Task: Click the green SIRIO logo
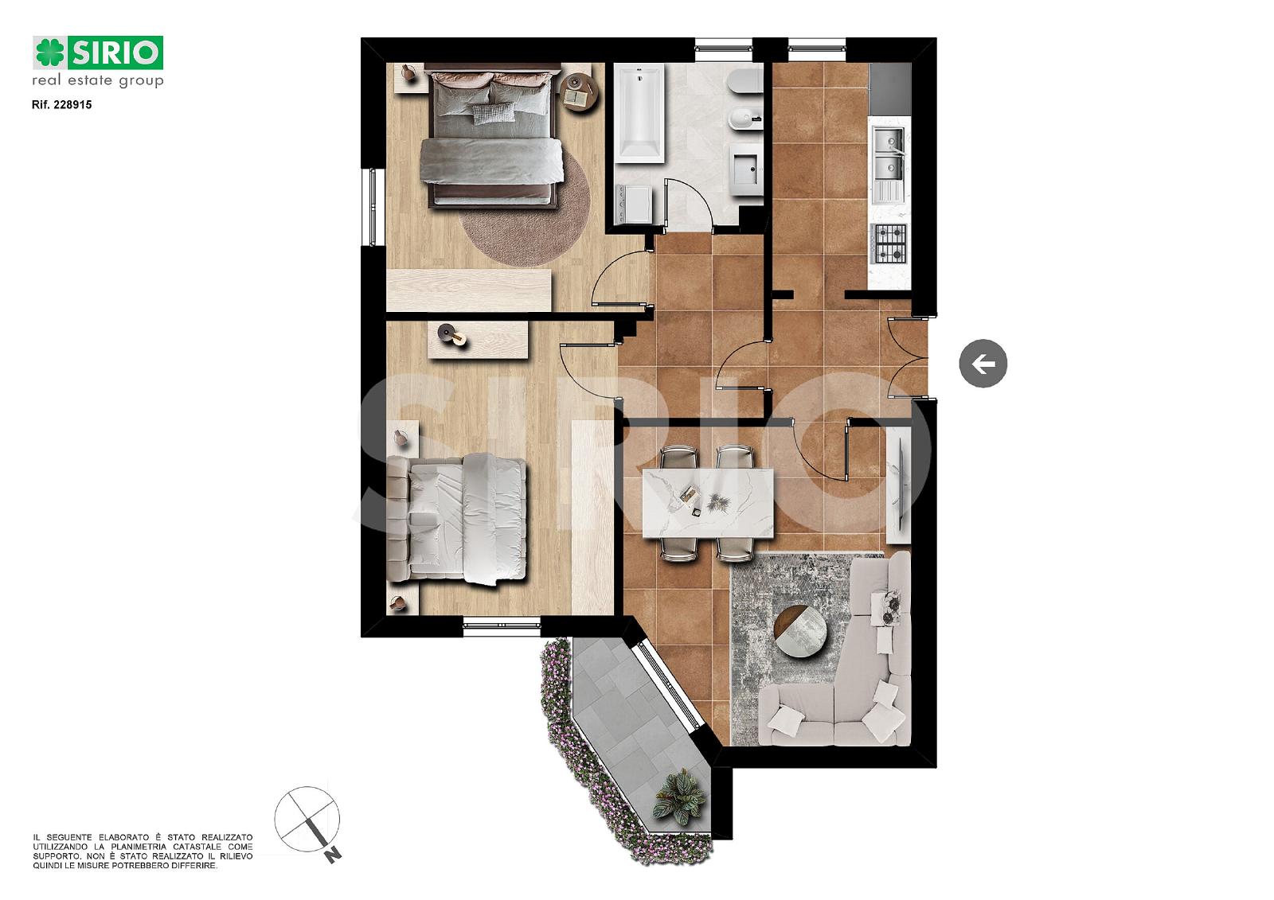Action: (x=98, y=53)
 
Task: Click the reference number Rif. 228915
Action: (x=61, y=104)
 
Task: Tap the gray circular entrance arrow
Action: (x=983, y=364)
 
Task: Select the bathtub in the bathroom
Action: (x=640, y=113)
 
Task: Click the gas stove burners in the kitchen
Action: (x=890, y=244)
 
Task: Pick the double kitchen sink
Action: (x=888, y=152)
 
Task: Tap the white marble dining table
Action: (x=708, y=503)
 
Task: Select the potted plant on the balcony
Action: (x=679, y=797)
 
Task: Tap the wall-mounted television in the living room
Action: (x=899, y=486)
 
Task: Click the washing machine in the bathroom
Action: (x=634, y=204)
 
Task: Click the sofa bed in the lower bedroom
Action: (x=456, y=519)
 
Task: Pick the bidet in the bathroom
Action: (x=745, y=119)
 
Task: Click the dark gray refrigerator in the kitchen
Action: (x=890, y=88)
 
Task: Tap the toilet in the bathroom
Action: (x=745, y=83)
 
